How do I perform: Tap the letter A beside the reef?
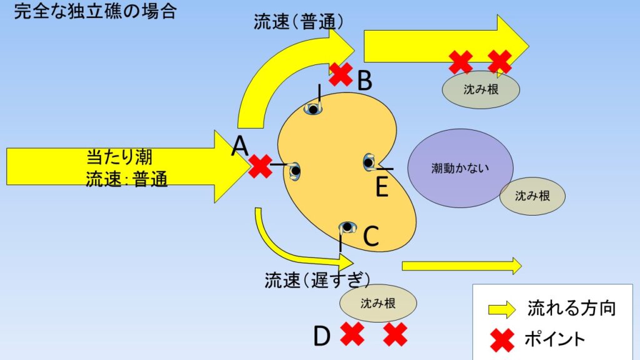241,147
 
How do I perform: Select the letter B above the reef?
365,79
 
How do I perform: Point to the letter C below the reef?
371,236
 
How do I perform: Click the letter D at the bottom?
321,336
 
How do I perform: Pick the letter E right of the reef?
381,186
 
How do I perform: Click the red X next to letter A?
260,166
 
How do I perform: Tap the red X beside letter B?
341,74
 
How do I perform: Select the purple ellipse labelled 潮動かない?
460,168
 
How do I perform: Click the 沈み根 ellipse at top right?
481,90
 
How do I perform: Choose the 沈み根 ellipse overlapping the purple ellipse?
532,196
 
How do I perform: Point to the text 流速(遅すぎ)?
317,279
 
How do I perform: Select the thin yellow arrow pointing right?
461,266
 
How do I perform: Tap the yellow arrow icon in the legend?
501,309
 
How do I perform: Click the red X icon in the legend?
501,339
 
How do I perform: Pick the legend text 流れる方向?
572,308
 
